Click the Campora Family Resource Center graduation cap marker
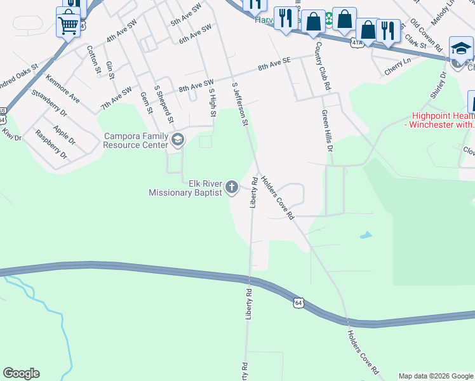click(x=177, y=139)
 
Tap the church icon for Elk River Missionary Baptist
click(x=232, y=187)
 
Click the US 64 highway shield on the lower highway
click(x=298, y=303)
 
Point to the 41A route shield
click(x=356, y=42)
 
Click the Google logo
click(x=21, y=373)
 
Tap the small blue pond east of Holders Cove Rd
click(x=365, y=236)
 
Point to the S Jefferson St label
click(x=240, y=105)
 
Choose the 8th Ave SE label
click(x=274, y=63)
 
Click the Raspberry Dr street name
click(x=51, y=144)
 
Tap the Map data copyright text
click(x=436, y=376)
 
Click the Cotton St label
click(x=93, y=59)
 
